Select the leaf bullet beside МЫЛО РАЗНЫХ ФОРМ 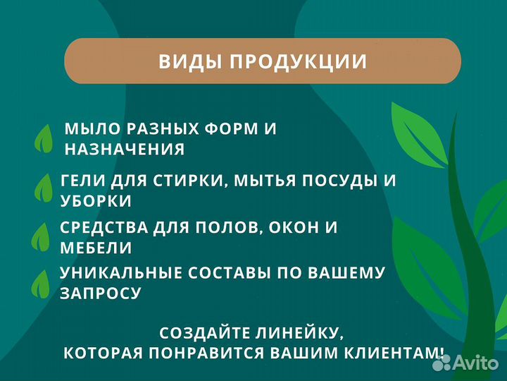pos(44,138)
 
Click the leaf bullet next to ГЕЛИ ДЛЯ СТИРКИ pos(44,188)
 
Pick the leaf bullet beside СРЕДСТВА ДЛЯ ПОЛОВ pos(41,236)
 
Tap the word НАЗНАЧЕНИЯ pos(125,149)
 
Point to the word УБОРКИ pos(96,200)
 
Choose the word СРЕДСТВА pos(104,227)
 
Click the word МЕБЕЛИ pos(96,248)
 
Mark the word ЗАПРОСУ pos(100,293)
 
